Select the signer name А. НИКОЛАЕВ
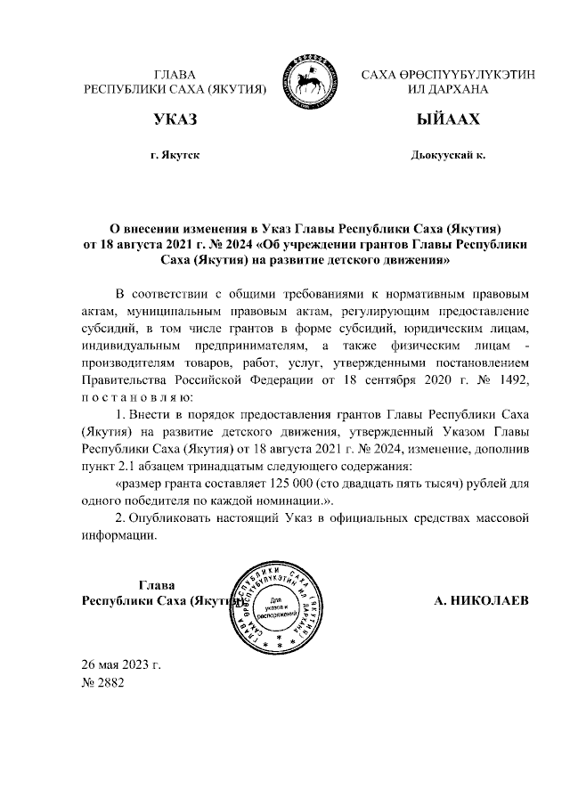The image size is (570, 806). coord(481,601)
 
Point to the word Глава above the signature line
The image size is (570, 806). coord(157,585)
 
